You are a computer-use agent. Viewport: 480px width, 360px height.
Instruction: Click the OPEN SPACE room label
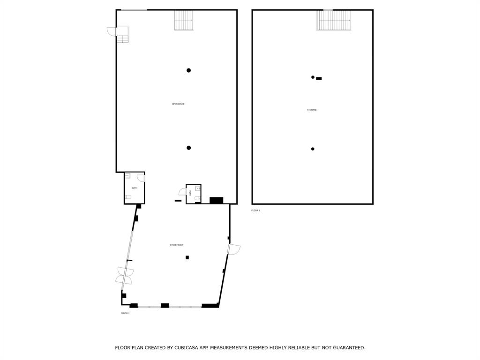(178, 104)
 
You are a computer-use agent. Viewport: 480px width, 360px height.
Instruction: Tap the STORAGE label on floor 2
(312, 110)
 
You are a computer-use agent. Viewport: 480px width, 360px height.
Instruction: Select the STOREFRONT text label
(176, 245)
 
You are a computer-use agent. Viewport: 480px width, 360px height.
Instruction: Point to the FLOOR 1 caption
(125, 313)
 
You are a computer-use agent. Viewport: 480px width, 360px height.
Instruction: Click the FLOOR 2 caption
(255, 210)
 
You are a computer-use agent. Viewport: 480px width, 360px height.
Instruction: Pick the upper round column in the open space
(189, 70)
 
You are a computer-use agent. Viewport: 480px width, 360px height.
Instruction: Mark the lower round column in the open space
(189, 148)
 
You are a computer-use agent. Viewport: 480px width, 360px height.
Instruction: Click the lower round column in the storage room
(313, 149)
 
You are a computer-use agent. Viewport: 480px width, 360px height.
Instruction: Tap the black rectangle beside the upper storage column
(319, 78)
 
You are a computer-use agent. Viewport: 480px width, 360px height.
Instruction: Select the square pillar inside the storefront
(187, 257)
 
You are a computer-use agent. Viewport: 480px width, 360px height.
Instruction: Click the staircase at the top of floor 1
(184, 20)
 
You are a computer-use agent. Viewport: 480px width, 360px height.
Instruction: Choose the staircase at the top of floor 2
(333, 20)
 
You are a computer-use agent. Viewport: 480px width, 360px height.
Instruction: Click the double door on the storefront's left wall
(125, 276)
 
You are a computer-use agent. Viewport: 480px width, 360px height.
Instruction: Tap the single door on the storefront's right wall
(233, 249)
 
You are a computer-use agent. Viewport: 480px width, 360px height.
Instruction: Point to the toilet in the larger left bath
(127, 197)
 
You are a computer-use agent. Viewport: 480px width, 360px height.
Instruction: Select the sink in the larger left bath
(127, 176)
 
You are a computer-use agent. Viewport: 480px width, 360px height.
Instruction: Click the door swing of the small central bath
(182, 192)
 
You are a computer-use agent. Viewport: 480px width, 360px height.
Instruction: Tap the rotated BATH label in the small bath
(190, 193)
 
